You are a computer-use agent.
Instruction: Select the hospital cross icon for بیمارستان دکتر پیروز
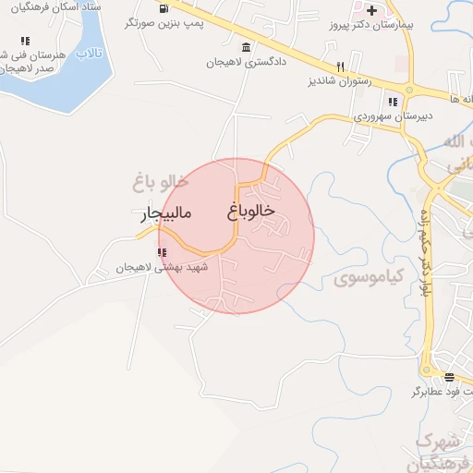coord(371,10)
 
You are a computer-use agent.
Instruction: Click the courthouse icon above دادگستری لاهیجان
coord(245,48)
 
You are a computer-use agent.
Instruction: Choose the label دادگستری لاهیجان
coord(243,63)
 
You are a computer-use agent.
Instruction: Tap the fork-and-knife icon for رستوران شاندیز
coord(340,67)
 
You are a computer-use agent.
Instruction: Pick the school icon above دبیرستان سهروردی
coord(392,102)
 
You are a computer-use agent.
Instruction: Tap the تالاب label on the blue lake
coord(88,54)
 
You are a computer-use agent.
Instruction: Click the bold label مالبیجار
coord(166,215)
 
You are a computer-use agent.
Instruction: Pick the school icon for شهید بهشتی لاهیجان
coord(162,252)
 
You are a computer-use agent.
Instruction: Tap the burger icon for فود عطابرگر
coord(449,376)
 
